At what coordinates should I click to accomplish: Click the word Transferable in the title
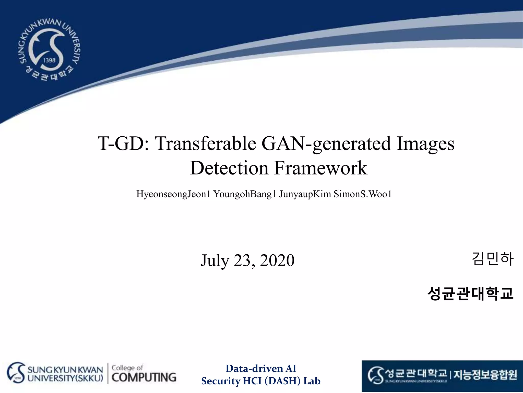[x=206, y=144]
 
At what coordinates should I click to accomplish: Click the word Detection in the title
[x=229, y=168]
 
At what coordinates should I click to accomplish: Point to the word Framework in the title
[x=321, y=168]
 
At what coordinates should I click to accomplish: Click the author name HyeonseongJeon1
[x=173, y=194]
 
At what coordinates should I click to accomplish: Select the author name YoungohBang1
[x=245, y=194]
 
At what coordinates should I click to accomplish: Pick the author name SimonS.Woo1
[x=363, y=194]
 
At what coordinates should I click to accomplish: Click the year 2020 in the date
[x=277, y=260]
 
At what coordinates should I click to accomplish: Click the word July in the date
[x=215, y=260]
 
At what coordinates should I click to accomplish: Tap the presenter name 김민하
[x=492, y=259]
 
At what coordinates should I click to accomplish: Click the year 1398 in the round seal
[x=49, y=60]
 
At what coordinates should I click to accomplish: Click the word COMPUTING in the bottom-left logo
[x=144, y=377]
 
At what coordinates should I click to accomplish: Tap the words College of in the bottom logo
[x=127, y=368]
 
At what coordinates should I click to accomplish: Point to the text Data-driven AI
[x=261, y=369]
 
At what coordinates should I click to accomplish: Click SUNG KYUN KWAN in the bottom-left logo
[x=65, y=370]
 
